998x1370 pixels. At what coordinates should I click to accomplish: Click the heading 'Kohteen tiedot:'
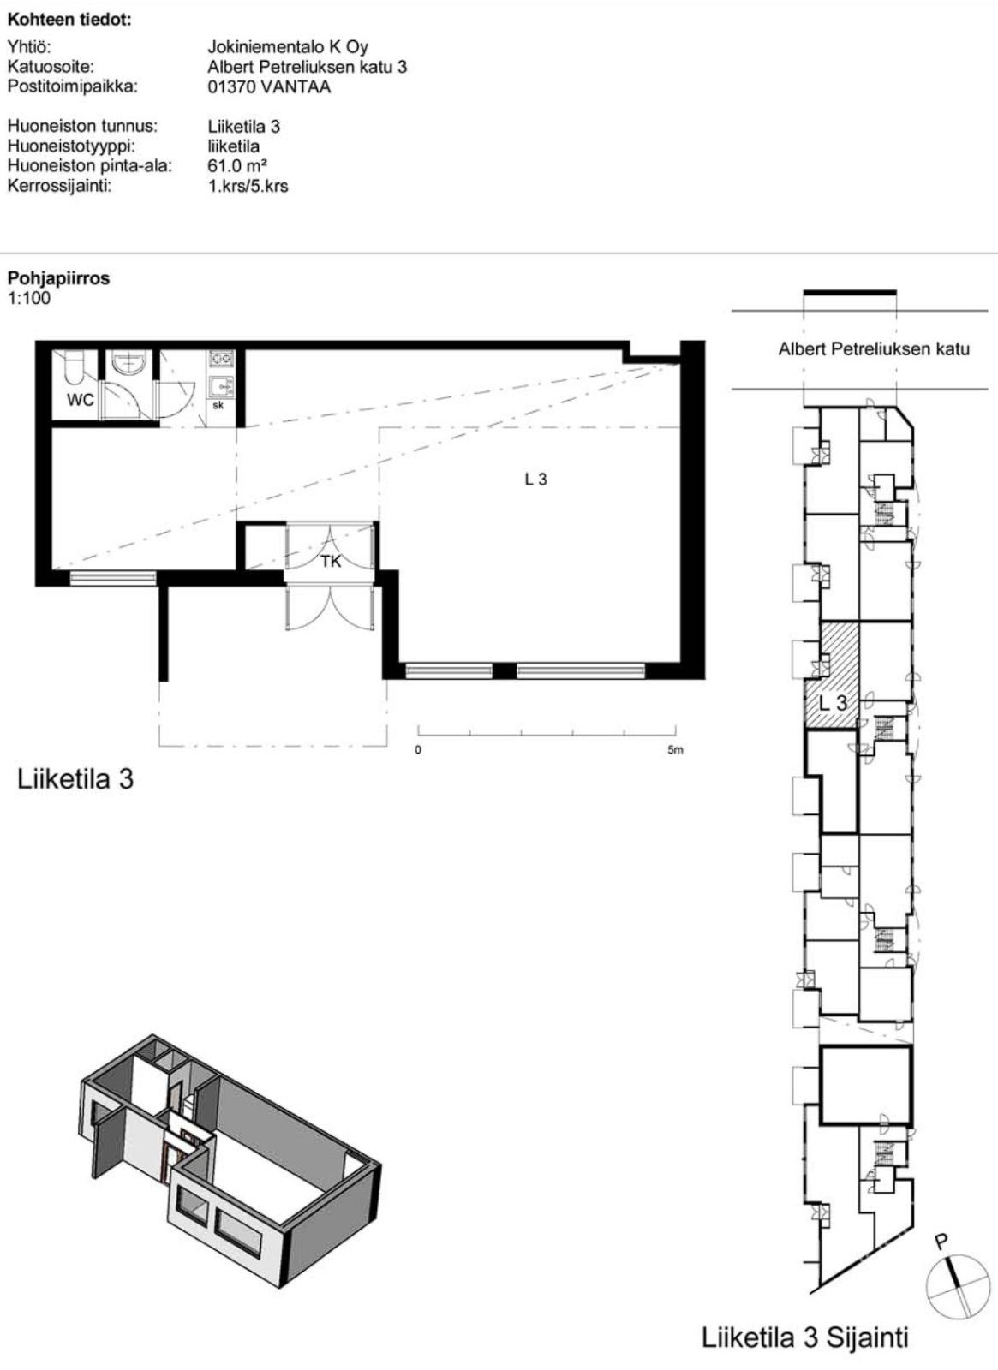[x=69, y=21]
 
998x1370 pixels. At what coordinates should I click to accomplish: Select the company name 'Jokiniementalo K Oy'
[x=288, y=47]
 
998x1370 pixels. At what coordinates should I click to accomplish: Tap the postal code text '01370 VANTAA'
[x=269, y=86]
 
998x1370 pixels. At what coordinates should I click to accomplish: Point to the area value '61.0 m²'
[x=238, y=166]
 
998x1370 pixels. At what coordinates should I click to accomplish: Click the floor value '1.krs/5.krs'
[x=248, y=186]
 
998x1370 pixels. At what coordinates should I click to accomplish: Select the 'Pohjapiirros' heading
[x=59, y=279]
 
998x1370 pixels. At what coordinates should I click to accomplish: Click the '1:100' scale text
[x=29, y=299]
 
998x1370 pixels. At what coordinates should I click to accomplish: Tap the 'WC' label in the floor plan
[x=81, y=400]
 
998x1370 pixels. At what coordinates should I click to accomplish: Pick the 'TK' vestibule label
[x=331, y=562]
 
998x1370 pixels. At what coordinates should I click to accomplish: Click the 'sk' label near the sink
[x=218, y=406]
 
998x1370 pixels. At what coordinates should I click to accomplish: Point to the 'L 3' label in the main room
[x=536, y=480]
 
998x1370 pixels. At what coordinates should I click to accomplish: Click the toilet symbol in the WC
[x=74, y=365]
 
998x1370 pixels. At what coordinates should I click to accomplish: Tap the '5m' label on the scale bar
[x=676, y=750]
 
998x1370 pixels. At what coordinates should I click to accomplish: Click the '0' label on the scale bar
[x=418, y=750]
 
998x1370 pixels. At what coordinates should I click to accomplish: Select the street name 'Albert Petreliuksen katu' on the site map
[x=874, y=349]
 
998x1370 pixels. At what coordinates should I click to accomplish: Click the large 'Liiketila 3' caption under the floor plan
[x=76, y=780]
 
